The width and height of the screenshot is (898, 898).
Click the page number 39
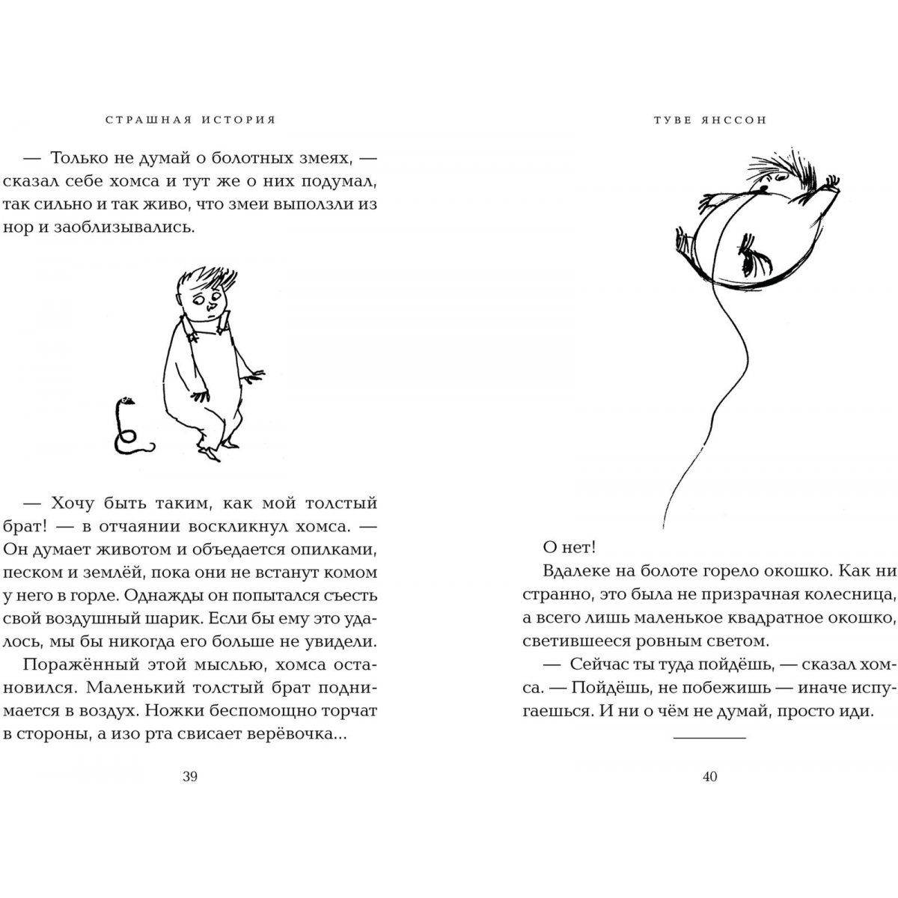(x=189, y=776)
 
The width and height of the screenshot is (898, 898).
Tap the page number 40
(x=710, y=776)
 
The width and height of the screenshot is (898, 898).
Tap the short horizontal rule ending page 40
(x=710, y=738)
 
